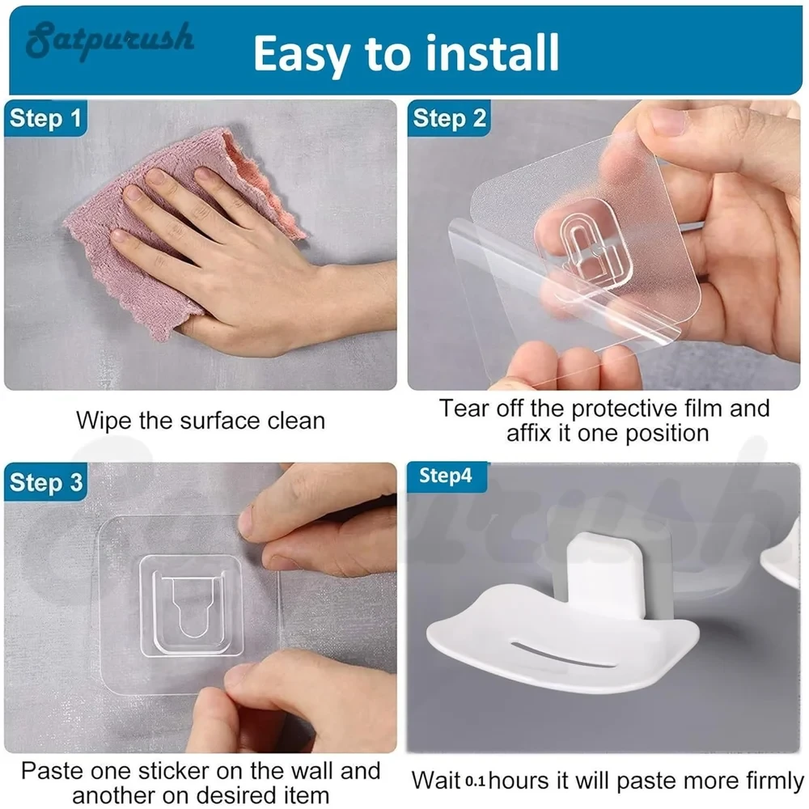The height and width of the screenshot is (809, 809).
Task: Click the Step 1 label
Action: click(45, 118)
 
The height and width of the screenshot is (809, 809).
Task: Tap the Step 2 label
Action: click(449, 118)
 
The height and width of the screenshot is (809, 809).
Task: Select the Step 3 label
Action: click(46, 482)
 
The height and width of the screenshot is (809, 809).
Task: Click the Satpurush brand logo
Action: click(110, 40)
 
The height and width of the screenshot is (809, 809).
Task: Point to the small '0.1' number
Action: click(475, 781)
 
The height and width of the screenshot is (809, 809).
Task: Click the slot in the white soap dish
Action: click(562, 655)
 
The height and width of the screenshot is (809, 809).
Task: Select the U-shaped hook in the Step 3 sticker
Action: click(192, 606)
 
